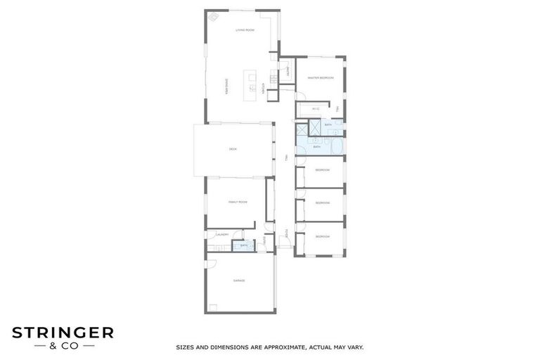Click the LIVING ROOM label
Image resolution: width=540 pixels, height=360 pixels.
point(245,30)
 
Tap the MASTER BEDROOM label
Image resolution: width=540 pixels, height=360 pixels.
point(321,78)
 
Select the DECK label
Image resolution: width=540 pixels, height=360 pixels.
point(233,149)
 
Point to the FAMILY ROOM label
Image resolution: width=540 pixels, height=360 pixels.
point(238,202)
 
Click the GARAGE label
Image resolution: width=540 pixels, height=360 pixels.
point(239,281)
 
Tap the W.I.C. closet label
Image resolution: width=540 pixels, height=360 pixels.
point(316,109)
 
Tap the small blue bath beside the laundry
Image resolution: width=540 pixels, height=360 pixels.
point(244,245)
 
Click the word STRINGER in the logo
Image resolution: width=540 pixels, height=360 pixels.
point(62,333)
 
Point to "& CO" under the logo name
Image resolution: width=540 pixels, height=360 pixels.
point(62,346)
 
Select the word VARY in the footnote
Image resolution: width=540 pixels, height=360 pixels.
point(354,347)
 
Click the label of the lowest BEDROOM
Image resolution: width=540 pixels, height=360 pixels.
point(322,236)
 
